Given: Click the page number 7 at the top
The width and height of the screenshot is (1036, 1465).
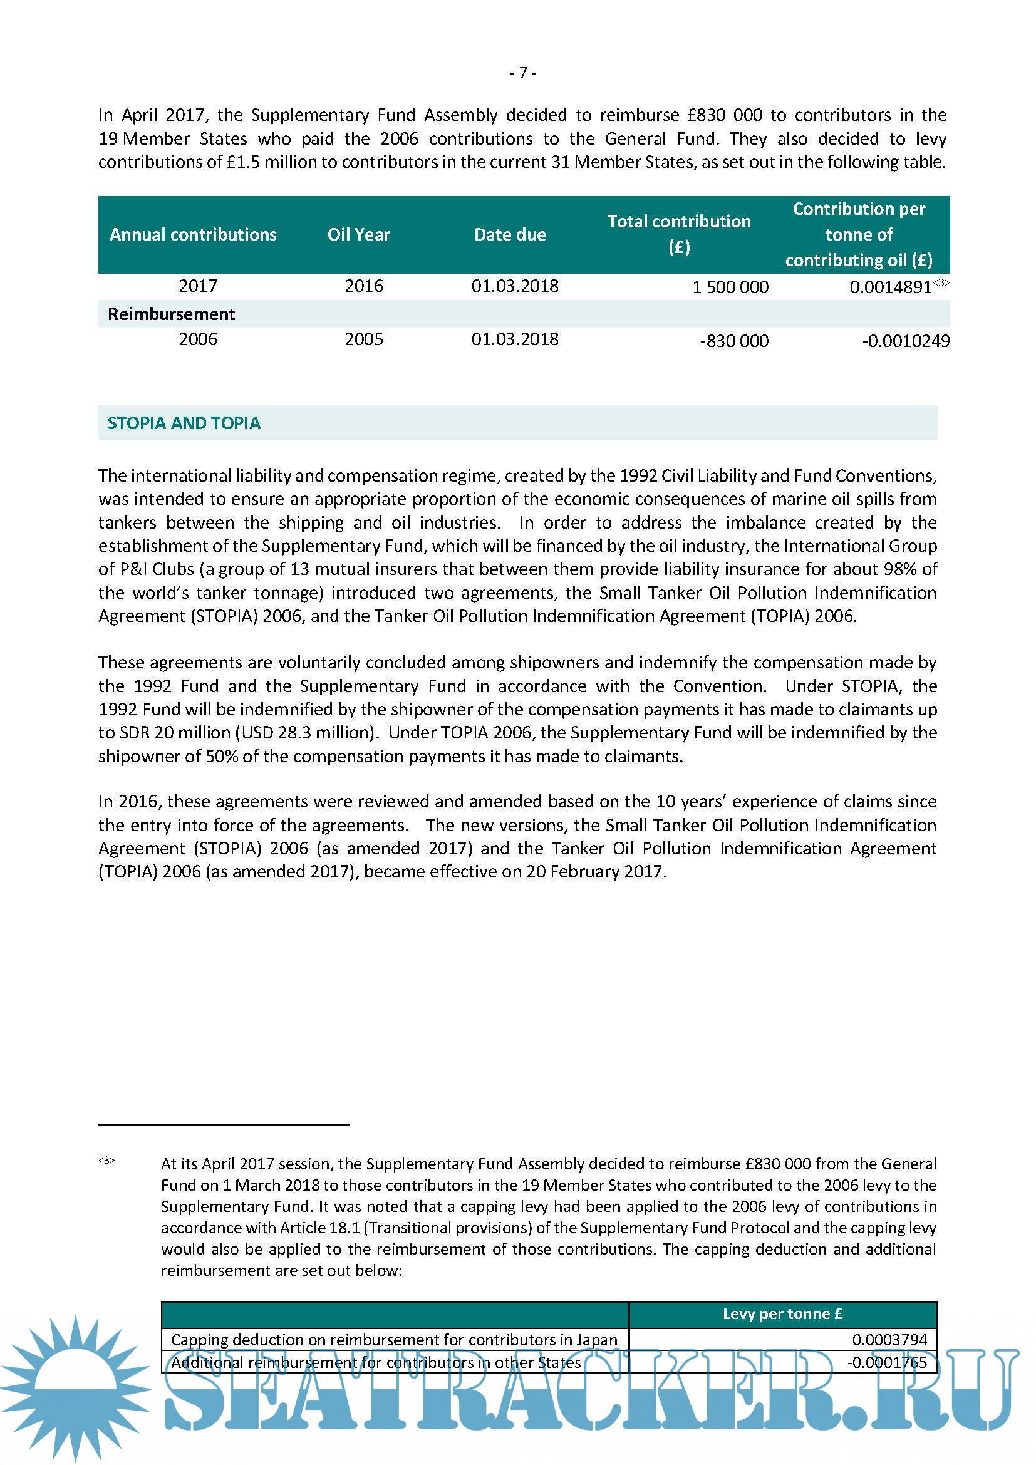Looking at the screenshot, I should pos(522,73).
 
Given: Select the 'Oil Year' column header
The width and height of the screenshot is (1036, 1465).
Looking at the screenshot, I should pos(358,235).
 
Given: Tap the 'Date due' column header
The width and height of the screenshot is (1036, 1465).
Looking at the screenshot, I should pos(510,235).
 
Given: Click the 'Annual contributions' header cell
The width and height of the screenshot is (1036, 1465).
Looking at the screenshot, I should pos(193,235).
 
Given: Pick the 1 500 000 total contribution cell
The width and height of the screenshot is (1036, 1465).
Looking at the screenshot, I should pos(730,287).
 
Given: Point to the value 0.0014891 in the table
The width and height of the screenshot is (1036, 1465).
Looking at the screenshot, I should pos(890,287).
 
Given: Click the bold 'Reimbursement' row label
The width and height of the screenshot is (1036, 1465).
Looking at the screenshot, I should pos(171,314).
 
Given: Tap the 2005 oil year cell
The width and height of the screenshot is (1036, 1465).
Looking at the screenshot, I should pos(364,339).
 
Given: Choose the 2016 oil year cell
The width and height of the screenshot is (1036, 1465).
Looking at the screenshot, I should pos(364,286).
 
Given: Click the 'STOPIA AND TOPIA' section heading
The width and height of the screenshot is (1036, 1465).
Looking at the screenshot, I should pos(184,423).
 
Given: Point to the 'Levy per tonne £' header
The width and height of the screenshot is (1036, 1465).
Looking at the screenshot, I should pos(782,1314).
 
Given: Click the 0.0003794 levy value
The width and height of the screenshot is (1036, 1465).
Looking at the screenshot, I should pos(889,1340).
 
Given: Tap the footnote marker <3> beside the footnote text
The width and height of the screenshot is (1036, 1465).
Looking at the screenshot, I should pos(106,1161).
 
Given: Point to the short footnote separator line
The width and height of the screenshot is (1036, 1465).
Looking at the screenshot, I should pos(223,1125).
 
